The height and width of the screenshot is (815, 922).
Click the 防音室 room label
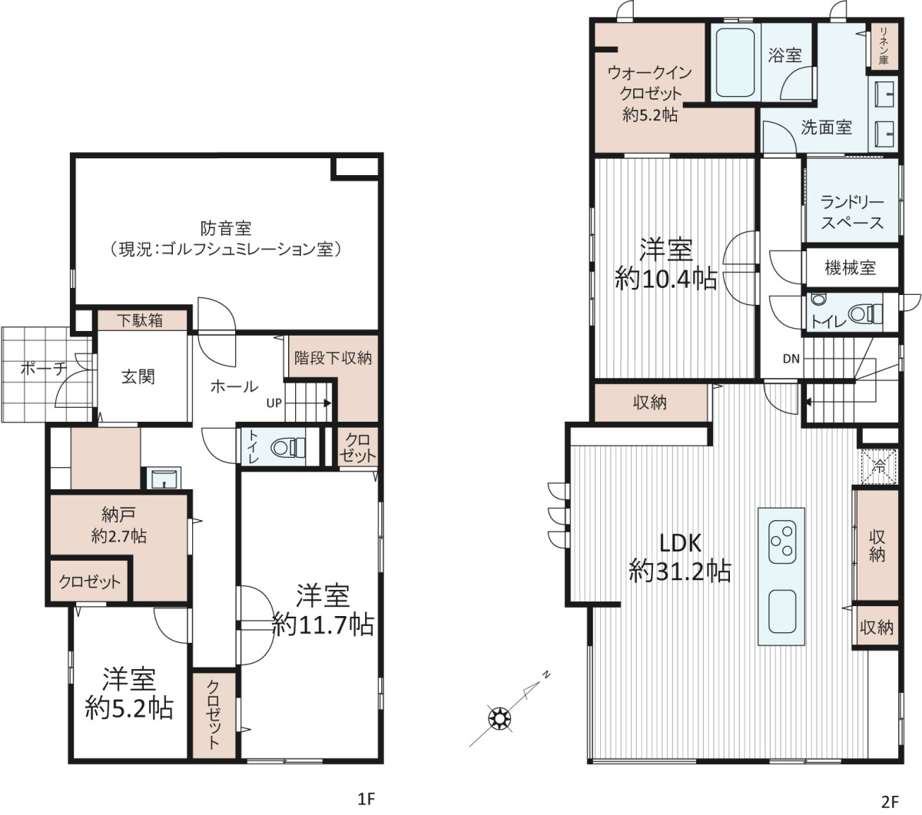click(x=226, y=228)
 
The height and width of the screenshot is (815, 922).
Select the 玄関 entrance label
click(x=138, y=377)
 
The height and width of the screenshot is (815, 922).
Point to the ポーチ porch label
click(x=44, y=368)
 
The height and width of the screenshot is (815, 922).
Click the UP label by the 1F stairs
click(x=274, y=403)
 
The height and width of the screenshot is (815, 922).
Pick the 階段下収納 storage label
click(x=333, y=358)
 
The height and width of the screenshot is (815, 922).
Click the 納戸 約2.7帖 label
click(x=119, y=525)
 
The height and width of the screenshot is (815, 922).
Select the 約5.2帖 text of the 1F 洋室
click(x=129, y=708)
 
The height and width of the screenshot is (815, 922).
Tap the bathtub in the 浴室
click(x=735, y=62)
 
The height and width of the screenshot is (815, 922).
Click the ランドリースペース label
click(x=852, y=212)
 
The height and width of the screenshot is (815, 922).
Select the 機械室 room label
click(x=850, y=267)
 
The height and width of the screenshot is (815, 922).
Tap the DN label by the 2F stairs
click(x=791, y=359)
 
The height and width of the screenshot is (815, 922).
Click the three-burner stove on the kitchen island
click(x=782, y=542)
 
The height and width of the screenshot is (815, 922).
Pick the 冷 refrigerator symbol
click(x=879, y=466)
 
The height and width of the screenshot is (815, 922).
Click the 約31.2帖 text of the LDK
click(x=680, y=571)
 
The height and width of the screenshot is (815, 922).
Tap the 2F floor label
click(x=890, y=801)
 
